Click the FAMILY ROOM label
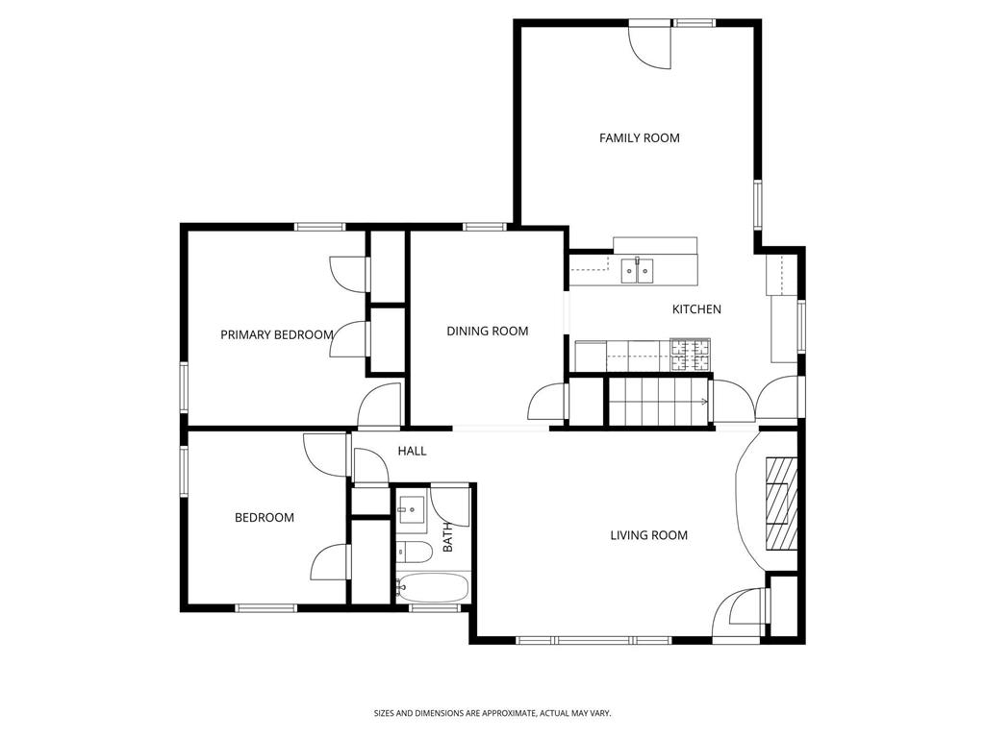pyautogui.click(x=639, y=138)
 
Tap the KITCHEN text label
pyautogui.click(x=695, y=309)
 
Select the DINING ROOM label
pyautogui.click(x=487, y=332)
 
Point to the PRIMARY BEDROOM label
pyautogui.click(x=277, y=335)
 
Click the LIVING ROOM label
pyautogui.click(x=648, y=535)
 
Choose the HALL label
pyautogui.click(x=412, y=451)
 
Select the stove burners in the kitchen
pyautogui.click(x=691, y=356)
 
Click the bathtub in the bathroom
pyautogui.click(x=432, y=586)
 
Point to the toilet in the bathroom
pyautogui.click(x=414, y=552)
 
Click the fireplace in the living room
pyautogui.click(x=781, y=502)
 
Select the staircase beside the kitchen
pyautogui.click(x=659, y=400)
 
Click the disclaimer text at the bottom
pyautogui.click(x=492, y=713)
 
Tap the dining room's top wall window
pyautogui.click(x=484, y=228)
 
